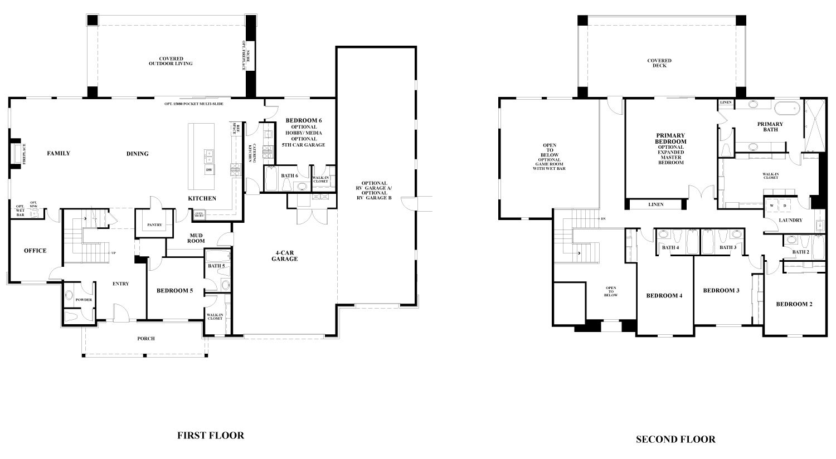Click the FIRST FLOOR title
210,436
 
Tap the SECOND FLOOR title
675,440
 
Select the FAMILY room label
59,153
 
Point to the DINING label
137,154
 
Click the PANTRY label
154,225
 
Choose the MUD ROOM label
196,238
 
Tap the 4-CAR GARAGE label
284,256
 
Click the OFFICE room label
35,251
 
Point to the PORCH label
146,339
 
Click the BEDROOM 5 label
174,290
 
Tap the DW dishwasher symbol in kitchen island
209,170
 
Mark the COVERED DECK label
659,63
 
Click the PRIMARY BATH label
770,126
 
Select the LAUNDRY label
790,220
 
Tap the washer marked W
772,206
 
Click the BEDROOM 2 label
794,304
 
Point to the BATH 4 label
670,247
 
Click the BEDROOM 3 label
721,290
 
